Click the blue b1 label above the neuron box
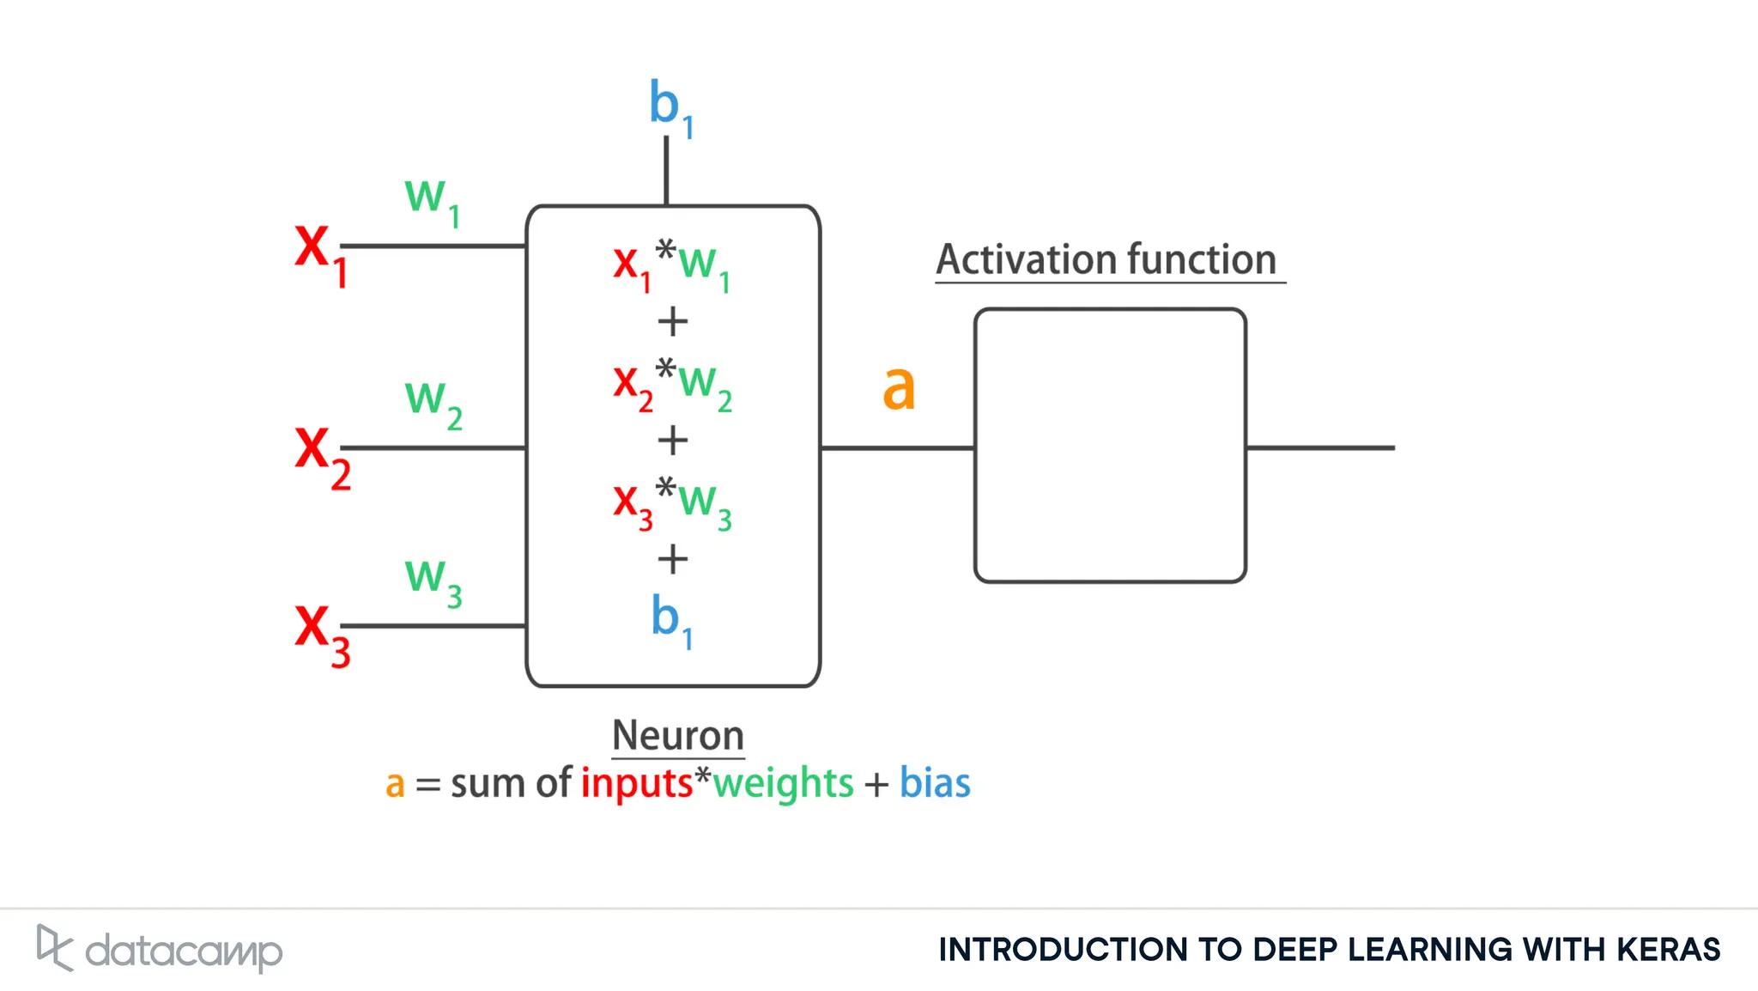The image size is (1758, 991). (670, 107)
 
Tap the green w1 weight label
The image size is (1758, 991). (432, 201)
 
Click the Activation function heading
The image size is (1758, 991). (1106, 259)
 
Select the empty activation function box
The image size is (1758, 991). (1110, 445)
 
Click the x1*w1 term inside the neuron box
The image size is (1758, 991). (672, 265)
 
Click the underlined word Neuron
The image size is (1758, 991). (677, 736)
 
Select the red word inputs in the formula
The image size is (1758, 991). (636, 783)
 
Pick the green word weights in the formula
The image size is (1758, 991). (783, 783)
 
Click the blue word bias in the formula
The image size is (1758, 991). (935, 783)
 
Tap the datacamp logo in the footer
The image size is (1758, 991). (160, 949)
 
